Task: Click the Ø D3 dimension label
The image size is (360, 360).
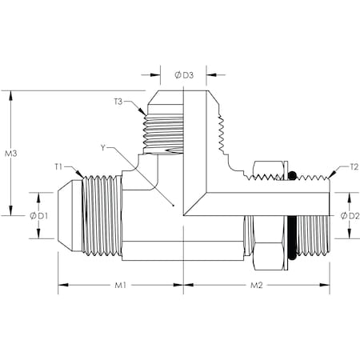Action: [x=184, y=76]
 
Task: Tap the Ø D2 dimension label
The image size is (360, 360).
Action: [x=344, y=216]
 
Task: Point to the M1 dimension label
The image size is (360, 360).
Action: [x=121, y=285]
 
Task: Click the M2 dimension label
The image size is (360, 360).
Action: [x=258, y=285]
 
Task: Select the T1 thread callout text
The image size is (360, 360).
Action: [x=59, y=166]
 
